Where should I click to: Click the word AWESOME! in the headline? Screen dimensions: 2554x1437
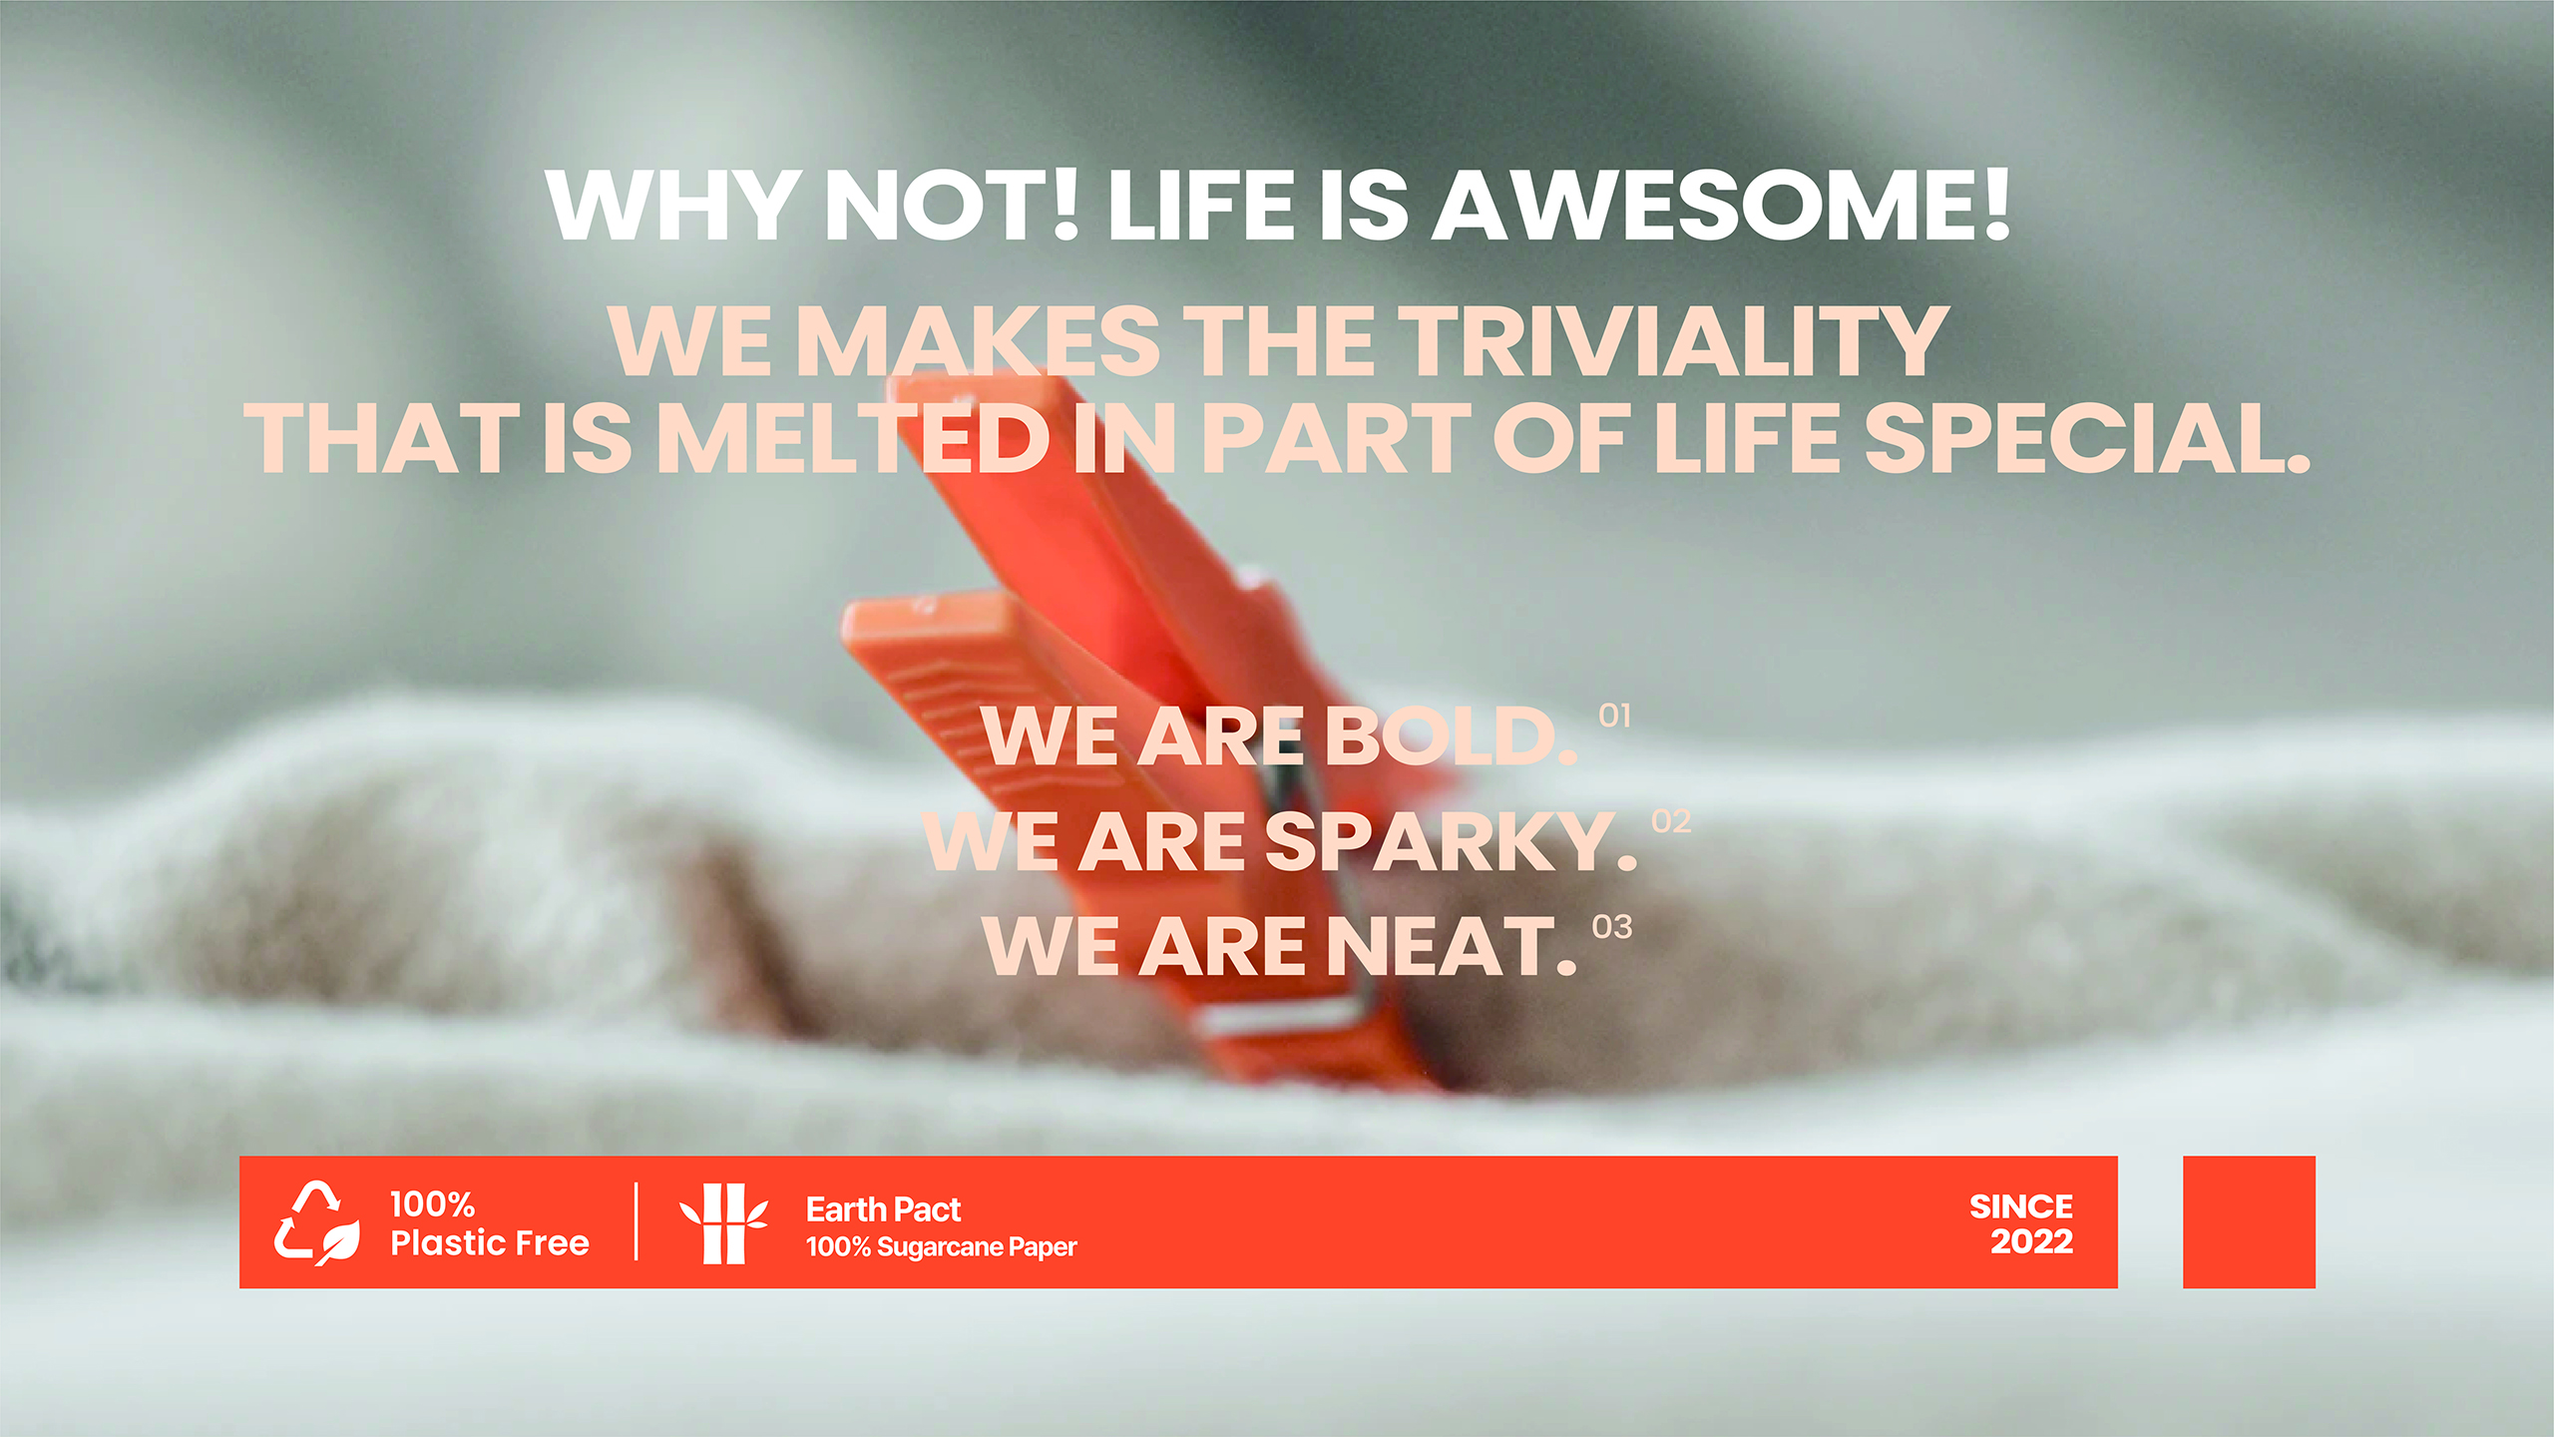pyautogui.click(x=1720, y=206)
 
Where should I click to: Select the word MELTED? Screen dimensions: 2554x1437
pyautogui.click(x=855, y=438)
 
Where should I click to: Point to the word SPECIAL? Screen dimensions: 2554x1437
pyautogui.click(x=2087, y=438)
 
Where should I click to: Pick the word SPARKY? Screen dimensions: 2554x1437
pyautogui.click(x=1452, y=841)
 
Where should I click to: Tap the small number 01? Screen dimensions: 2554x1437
pyautogui.click(x=1614, y=716)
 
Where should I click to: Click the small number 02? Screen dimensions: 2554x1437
pyautogui.click(x=1671, y=821)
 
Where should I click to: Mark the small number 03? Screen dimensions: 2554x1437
pyautogui.click(x=1612, y=927)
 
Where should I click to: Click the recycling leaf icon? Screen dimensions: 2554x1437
pyautogui.click(x=316, y=1223)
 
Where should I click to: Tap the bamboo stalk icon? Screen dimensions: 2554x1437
pyautogui.click(x=724, y=1223)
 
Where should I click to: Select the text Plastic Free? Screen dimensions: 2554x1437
pyautogui.click(x=490, y=1243)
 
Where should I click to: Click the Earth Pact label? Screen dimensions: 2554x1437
pyautogui.click(x=883, y=1209)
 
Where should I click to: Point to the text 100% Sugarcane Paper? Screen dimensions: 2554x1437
pyautogui.click(x=942, y=1247)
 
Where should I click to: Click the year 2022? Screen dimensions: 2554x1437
pyautogui.click(x=2032, y=1241)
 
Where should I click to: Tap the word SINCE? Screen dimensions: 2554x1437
pyautogui.click(x=2021, y=1206)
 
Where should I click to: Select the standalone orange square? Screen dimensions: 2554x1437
pyautogui.click(x=2249, y=1222)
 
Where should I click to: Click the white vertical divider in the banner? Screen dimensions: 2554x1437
pyautogui.click(x=636, y=1222)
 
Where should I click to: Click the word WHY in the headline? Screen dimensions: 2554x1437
pyautogui.click(x=673, y=206)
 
